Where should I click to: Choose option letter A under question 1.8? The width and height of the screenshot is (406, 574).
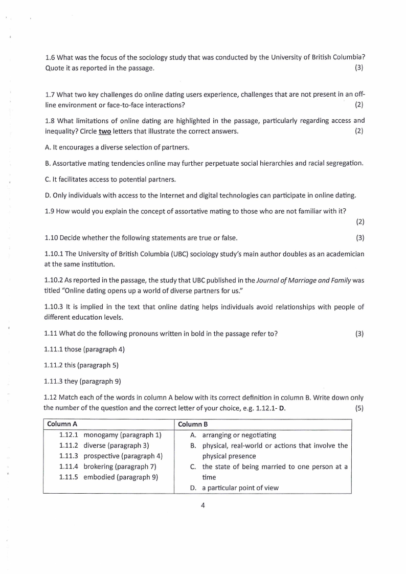(x=48, y=147)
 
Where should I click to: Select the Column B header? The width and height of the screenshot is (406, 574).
(x=192, y=424)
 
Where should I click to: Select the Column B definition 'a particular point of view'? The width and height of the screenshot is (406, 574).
(x=240, y=488)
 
